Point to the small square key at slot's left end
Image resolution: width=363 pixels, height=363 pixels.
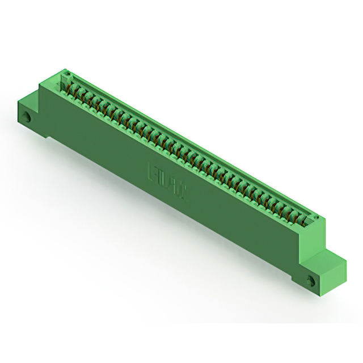pyautogui.click(x=65, y=77)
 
